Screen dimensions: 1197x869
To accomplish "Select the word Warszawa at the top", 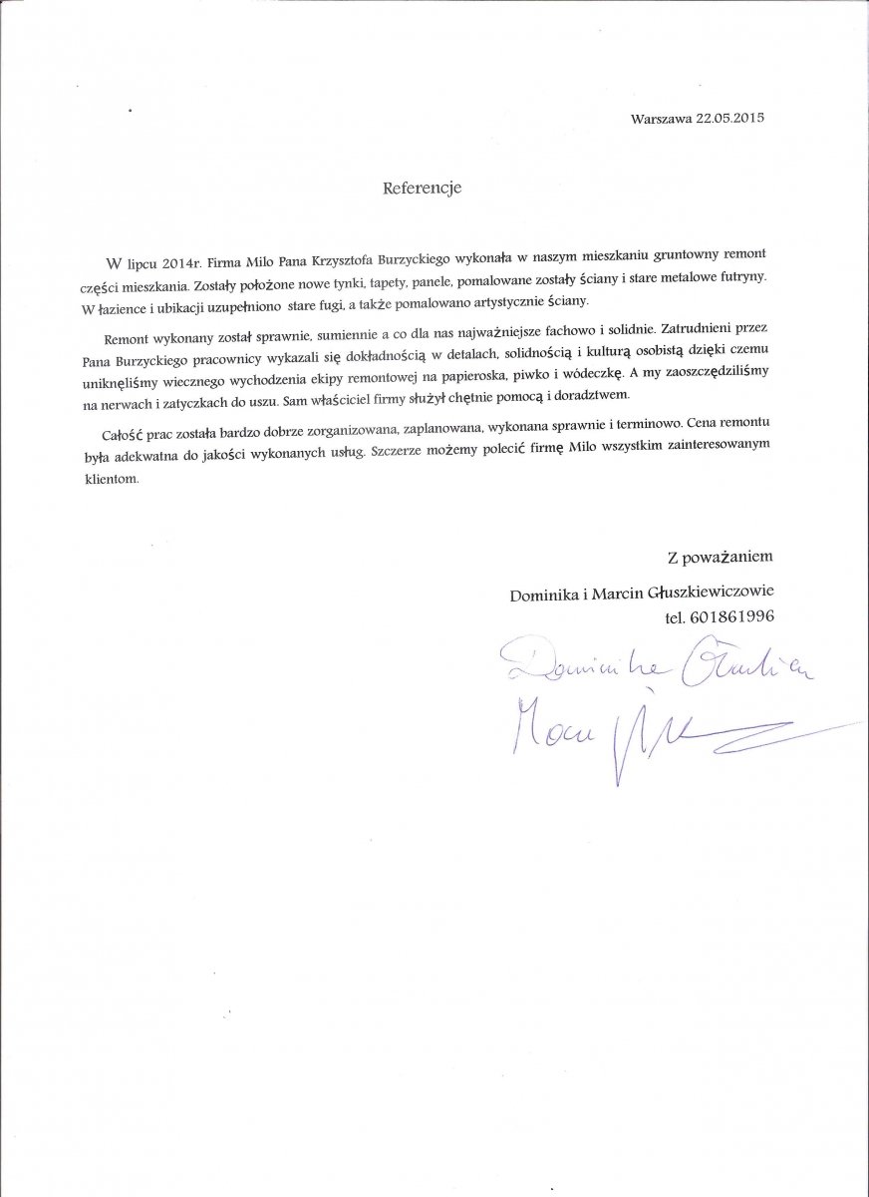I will [x=661, y=117].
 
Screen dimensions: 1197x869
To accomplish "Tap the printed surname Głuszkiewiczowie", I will [x=707, y=593].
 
